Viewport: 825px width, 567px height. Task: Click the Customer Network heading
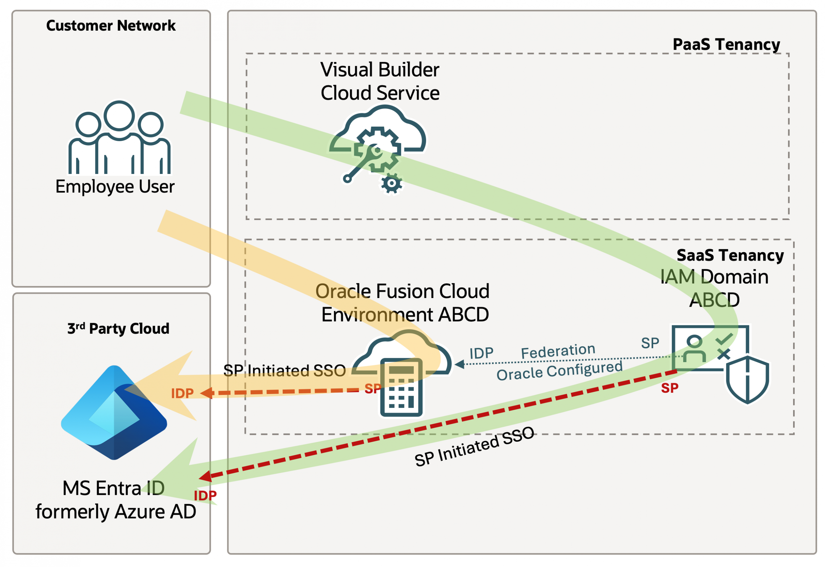(111, 25)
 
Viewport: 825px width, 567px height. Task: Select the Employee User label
(115, 187)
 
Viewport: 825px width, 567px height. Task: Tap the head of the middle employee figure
(119, 115)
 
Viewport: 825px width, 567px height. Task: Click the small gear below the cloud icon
(391, 183)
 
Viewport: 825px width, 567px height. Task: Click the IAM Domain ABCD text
(714, 288)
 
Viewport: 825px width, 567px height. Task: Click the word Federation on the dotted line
(558, 351)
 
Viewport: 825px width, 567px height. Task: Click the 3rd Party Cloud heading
(118, 328)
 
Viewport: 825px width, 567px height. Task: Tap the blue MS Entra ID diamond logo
(114, 412)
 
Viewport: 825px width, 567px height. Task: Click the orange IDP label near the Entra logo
(182, 393)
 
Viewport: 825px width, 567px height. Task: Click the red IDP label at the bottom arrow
(205, 495)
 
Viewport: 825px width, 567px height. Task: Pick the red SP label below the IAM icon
(669, 388)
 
